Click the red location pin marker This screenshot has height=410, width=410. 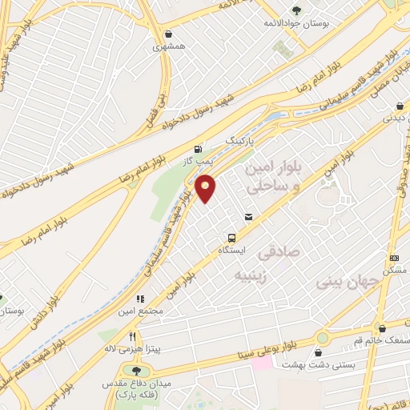[x=206, y=187]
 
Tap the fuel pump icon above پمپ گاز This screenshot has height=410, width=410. [x=197, y=148]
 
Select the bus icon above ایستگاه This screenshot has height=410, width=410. [x=231, y=238]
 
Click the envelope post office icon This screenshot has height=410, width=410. [x=248, y=216]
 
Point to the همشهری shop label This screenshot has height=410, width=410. [x=169, y=46]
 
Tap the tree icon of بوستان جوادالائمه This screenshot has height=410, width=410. [x=296, y=10]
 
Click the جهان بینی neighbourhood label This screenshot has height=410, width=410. [x=345, y=282]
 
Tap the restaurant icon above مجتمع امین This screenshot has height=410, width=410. [x=141, y=299]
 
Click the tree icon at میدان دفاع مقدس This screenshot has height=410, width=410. [x=135, y=371]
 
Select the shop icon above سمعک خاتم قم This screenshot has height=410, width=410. [x=381, y=328]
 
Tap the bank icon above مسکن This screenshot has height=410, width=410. [x=394, y=258]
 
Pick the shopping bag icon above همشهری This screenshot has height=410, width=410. [x=169, y=34]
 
